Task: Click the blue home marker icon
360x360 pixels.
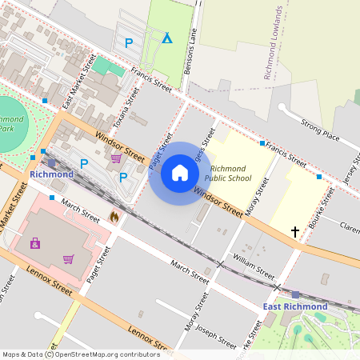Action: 180,173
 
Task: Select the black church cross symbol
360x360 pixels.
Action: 295,232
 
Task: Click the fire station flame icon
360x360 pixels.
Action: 114,217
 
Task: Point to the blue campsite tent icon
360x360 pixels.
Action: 166,38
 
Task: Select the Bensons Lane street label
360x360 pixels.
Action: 190,55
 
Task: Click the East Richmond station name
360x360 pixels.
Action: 295,306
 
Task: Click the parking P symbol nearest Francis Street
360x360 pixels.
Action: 129,43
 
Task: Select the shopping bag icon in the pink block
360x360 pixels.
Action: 35,243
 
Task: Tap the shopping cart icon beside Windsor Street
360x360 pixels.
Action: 116,158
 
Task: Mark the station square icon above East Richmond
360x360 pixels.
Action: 295,294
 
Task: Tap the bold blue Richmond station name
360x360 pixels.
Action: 51,174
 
